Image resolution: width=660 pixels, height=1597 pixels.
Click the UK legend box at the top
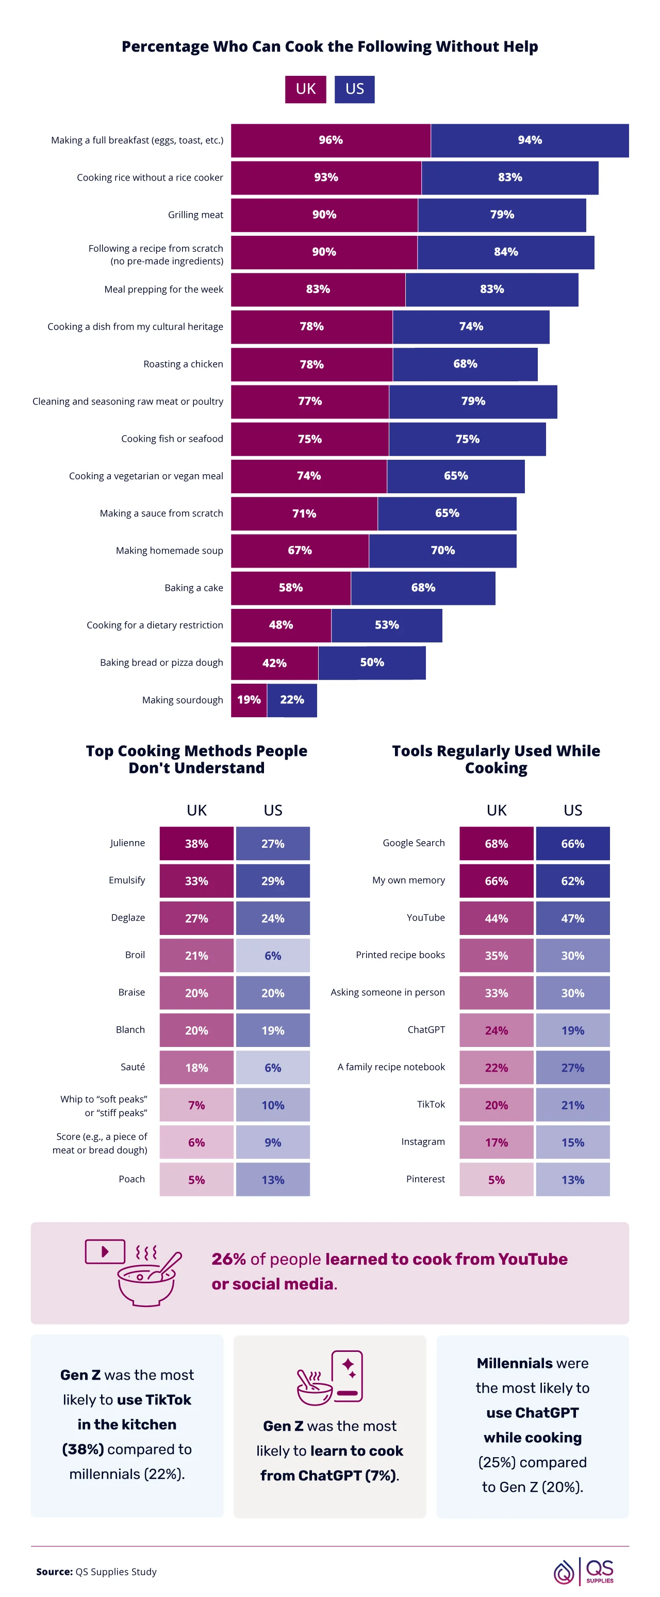pyautogui.click(x=306, y=89)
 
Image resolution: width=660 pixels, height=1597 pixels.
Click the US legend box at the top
pyautogui.click(x=354, y=89)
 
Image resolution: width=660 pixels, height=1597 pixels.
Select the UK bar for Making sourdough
pyautogui.click(x=249, y=700)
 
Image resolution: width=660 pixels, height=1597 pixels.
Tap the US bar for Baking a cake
pyautogui.click(x=423, y=588)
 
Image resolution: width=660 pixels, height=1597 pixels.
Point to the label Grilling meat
pyautogui.click(x=195, y=215)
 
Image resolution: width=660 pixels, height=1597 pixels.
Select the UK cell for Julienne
pyautogui.click(x=196, y=843)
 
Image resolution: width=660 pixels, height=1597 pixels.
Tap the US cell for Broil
pyautogui.click(x=273, y=955)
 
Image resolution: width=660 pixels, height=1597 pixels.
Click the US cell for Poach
pyautogui.click(x=273, y=1179)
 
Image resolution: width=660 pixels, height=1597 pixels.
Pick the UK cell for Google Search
pyautogui.click(x=496, y=843)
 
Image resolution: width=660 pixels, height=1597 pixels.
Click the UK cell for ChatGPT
pyautogui.click(x=496, y=1030)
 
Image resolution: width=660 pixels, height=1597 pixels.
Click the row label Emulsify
pyautogui.click(x=126, y=880)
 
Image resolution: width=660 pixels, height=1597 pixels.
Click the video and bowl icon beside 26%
pyautogui.click(x=133, y=1271)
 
